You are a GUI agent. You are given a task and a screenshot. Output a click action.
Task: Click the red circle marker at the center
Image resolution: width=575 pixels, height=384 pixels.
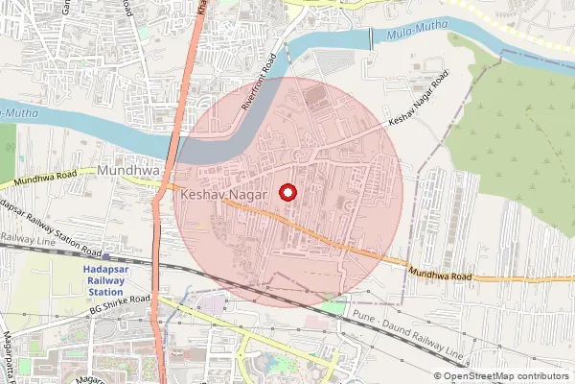[287, 192]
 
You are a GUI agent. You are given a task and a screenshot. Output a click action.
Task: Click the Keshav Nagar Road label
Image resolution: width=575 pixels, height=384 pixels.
[419, 100]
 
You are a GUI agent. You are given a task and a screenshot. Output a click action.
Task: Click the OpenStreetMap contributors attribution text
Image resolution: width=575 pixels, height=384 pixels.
[507, 376]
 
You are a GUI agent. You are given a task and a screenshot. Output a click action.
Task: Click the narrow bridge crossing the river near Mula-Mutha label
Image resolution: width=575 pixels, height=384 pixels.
[372, 38]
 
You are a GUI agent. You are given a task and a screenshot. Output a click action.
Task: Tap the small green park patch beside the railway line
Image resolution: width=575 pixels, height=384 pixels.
[333, 306]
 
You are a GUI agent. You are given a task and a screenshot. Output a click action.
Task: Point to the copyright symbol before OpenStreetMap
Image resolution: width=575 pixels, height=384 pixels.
[439, 376]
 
